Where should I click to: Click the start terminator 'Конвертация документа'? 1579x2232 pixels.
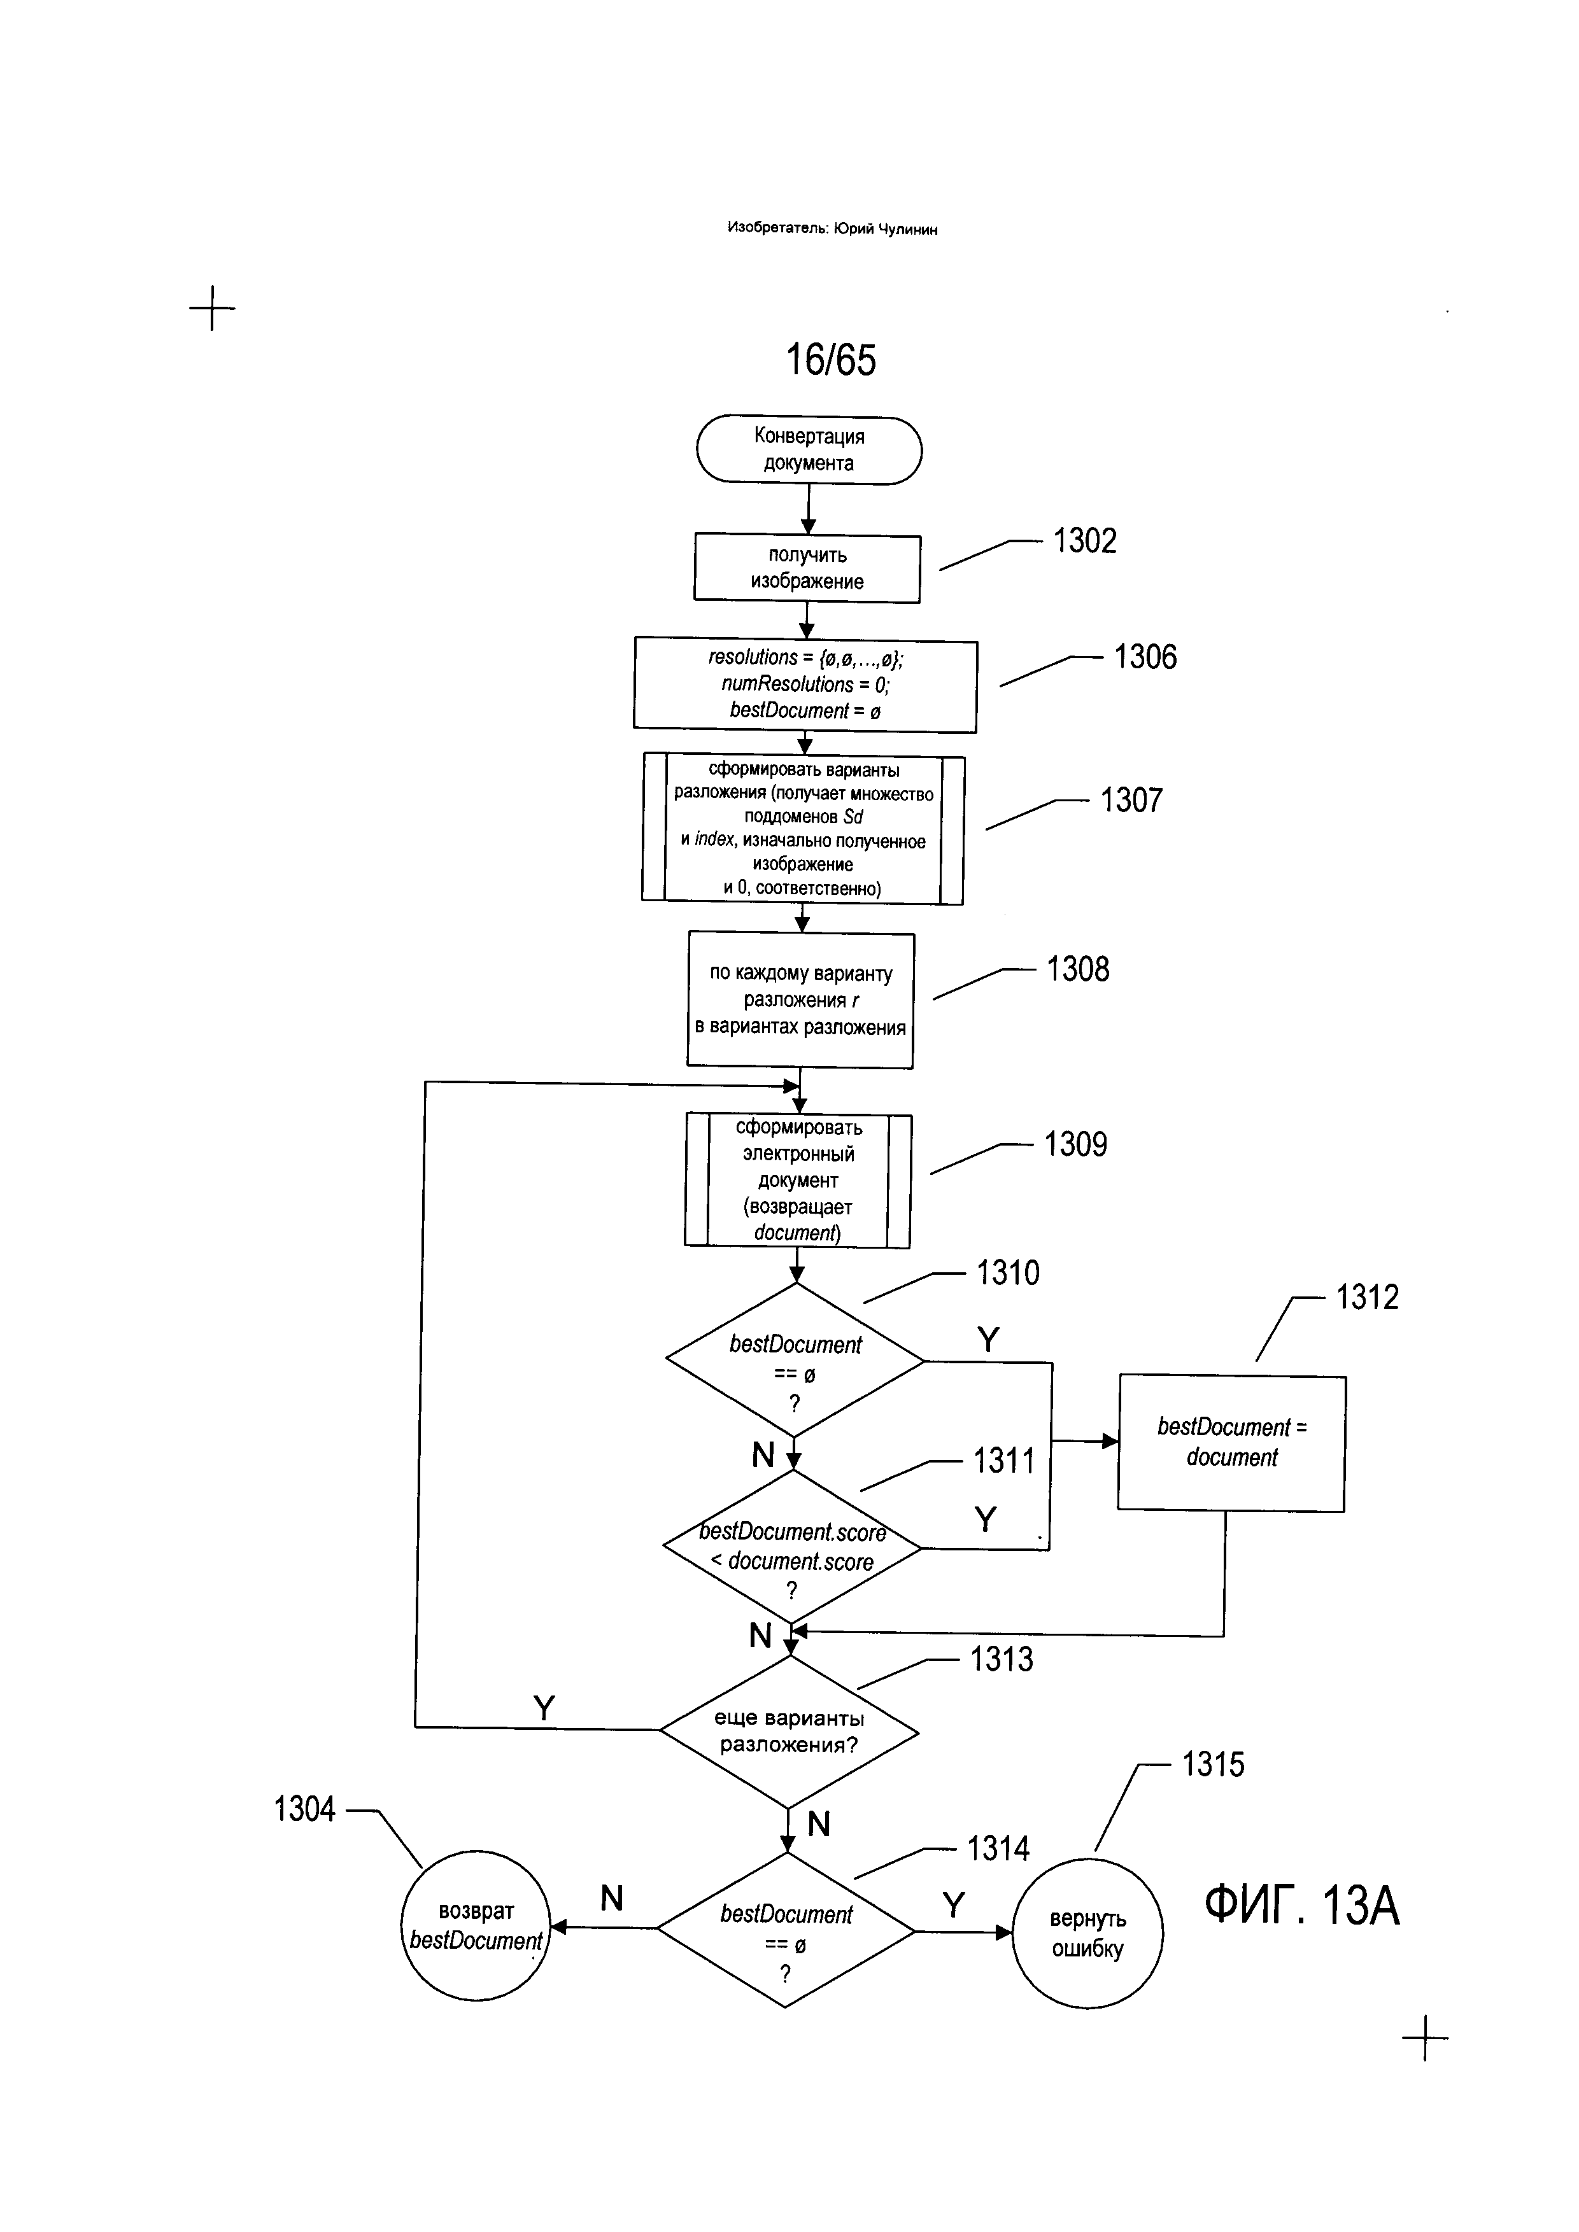tap(809, 449)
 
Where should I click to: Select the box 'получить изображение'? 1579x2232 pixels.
tap(807, 569)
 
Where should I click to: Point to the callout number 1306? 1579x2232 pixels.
tap(1145, 657)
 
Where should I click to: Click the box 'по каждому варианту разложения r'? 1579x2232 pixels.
tap(800, 1000)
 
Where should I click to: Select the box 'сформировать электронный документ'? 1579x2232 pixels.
tap(797, 1180)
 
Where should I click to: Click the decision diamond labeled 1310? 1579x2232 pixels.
tap(795, 1360)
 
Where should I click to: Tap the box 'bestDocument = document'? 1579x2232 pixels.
tap(1232, 1443)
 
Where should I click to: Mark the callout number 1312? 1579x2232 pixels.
tap(1367, 1298)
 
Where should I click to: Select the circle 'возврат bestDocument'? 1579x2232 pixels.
tap(476, 1926)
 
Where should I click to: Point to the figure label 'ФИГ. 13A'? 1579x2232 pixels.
tap(1302, 1906)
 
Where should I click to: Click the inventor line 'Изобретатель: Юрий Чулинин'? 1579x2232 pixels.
tap(832, 228)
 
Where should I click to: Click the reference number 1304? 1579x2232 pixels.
tap(304, 1809)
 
